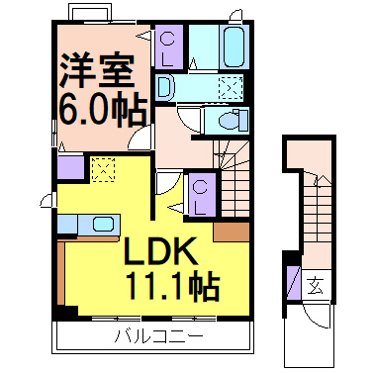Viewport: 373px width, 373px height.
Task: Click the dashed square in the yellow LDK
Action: pos(101,169)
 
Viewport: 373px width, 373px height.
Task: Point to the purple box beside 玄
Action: pos(293,281)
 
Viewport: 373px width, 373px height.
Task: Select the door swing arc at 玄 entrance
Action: pos(317,318)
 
